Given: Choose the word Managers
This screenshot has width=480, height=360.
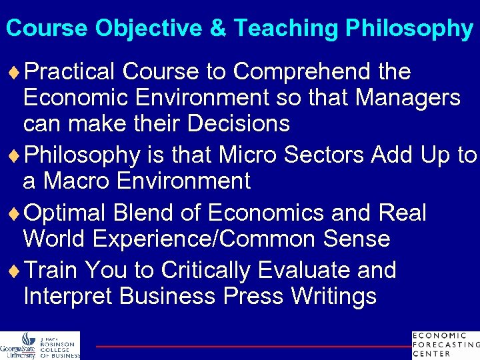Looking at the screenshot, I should (407, 98).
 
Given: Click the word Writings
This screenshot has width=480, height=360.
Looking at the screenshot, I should (324, 296).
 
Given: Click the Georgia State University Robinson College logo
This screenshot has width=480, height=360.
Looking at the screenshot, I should (40, 345).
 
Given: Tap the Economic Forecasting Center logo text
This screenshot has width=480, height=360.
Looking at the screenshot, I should (445, 344).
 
